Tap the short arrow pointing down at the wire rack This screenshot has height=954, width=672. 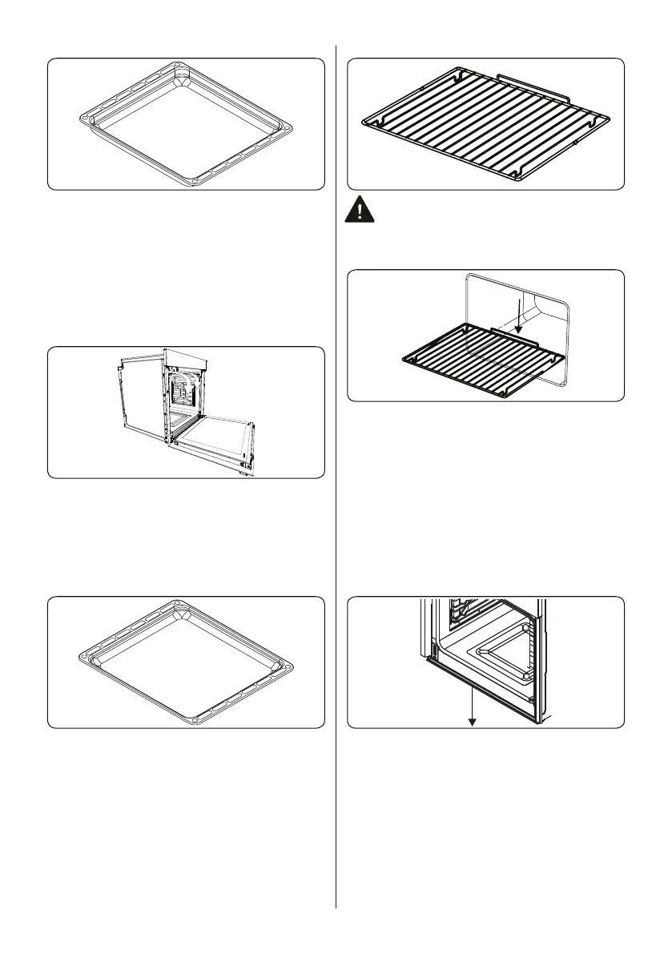point(519,317)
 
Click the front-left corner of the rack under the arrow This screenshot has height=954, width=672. point(405,362)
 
